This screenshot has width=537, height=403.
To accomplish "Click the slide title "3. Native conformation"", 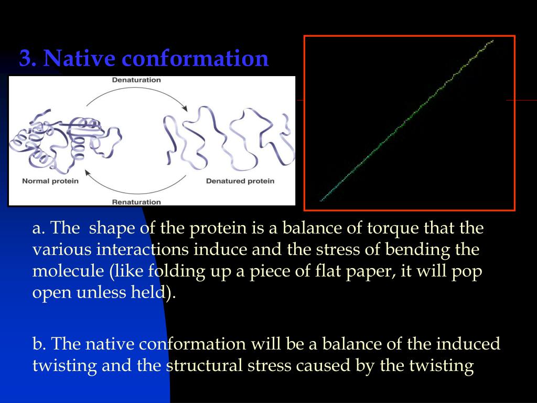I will click(x=144, y=58).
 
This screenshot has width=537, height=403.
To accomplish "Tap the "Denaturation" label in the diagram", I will click(x=136, y=80).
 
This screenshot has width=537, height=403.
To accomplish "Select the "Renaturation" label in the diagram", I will click(x=136, y=201).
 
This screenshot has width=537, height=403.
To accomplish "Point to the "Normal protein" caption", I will click(x=50, y=181).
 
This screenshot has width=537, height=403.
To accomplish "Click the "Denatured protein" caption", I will click(x=240, y=181).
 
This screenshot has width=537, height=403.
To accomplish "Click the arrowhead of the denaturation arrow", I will click(x=184, y=108).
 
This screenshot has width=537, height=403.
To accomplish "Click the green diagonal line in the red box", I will click(x=407, y=120).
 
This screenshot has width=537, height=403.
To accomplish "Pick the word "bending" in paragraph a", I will click(x=418, y=250).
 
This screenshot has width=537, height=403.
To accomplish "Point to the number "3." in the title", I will click(x=28, y=58).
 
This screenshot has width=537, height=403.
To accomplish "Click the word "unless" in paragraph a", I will click(x=100, y=292).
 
